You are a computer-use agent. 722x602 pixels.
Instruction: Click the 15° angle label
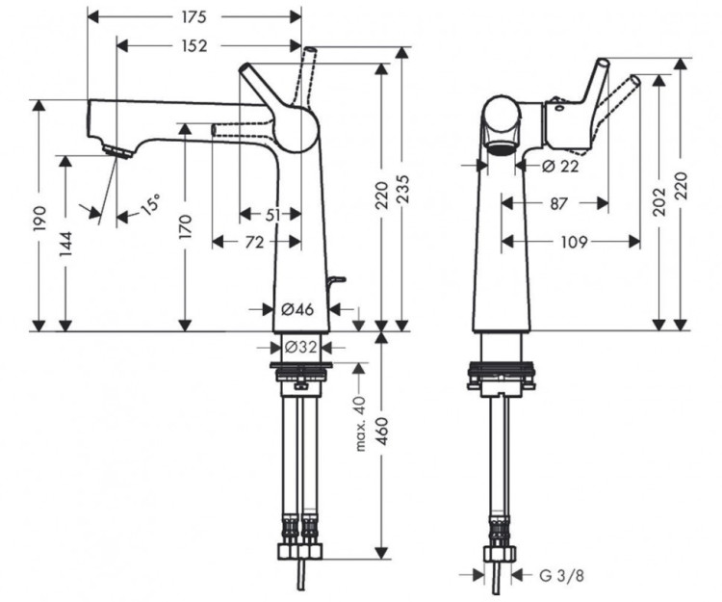[x=150, y=205]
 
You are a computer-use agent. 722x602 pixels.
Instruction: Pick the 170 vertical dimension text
[x=187, y=227]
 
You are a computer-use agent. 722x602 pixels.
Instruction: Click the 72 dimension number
[x=253, y=243]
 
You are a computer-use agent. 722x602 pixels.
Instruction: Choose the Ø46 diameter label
[x=297, y=309]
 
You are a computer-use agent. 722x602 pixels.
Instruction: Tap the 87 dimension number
[x=557, y=203]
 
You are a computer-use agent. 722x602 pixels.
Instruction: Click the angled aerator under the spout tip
[x=116, y=152]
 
